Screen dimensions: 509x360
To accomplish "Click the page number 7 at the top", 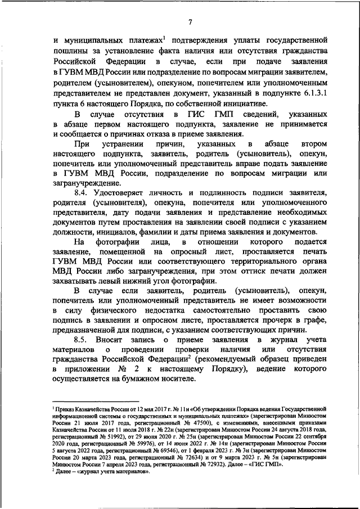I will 190,22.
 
